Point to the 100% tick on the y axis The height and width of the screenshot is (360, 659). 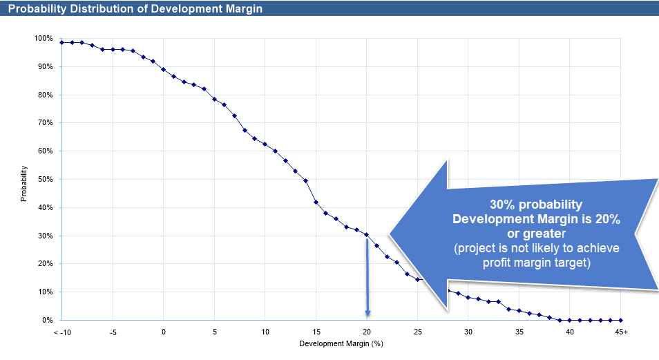(x=44, y=38)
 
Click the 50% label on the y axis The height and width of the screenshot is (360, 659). (x=45, y=179)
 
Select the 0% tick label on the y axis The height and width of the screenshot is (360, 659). (x=47, y=320)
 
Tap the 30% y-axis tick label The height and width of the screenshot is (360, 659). (x=45, y=236)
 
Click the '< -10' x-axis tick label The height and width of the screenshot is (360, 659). (x=61, y=332)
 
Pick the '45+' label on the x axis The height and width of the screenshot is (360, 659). (x=621, y=332)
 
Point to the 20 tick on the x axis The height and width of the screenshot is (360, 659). (x=367, y=332)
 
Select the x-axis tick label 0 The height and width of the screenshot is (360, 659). (x=164, y=332)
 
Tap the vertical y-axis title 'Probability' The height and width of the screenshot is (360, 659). (x=23, y=183)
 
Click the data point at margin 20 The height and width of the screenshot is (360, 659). (x=367, y=234)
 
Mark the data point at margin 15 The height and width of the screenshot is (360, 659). (x=316, y=202)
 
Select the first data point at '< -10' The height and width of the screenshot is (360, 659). (x=61, y=42)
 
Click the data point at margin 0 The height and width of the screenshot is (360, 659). (x=164, y=69)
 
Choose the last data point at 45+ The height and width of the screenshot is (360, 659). (x=621, y=320)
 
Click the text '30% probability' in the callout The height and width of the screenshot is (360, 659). (x=535, y=205)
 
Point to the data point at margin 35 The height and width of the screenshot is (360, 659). (x=519, y=310)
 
